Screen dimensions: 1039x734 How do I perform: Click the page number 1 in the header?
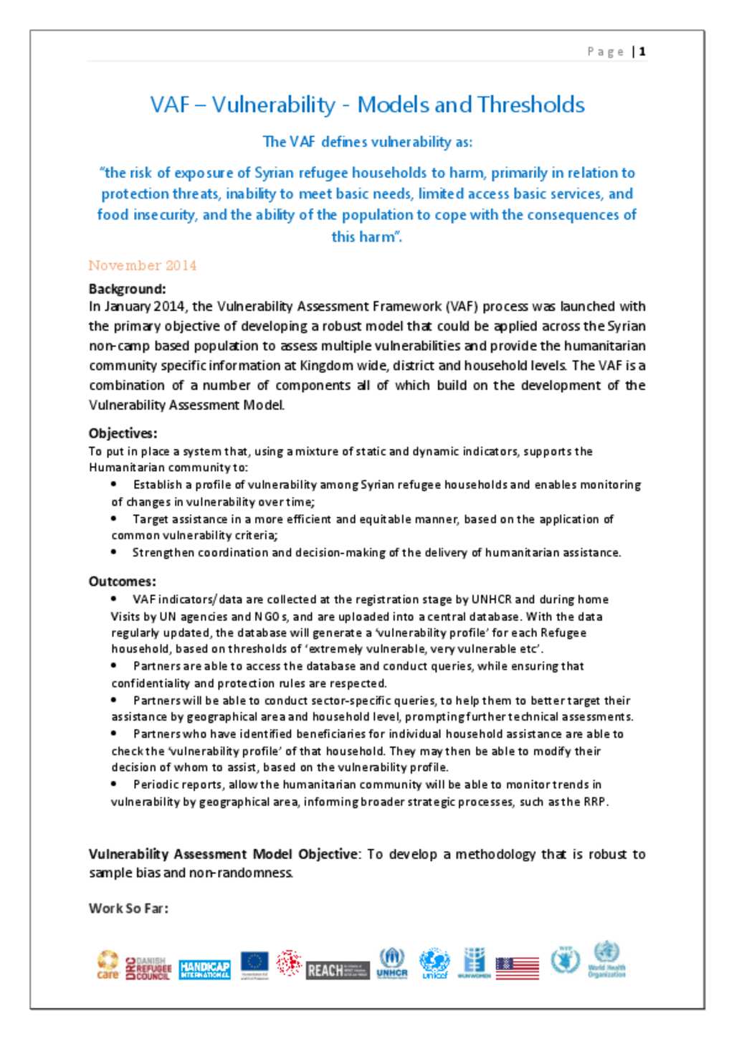pos(643,52)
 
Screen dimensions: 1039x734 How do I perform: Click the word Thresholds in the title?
pos(531,105)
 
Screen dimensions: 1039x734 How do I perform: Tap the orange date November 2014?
pos(142,265)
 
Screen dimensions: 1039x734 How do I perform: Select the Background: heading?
pos(127,289)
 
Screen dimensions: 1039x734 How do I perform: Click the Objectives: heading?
pos(123,433)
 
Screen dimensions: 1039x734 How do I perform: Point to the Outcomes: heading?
pos(122,582)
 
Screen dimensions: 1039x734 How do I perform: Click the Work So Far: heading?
pos(128,908)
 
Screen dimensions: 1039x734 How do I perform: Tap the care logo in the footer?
pos(108,964)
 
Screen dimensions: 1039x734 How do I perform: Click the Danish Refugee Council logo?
pos(148,968)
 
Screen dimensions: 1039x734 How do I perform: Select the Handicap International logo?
pos(204,969)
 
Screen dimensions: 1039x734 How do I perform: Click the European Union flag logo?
pos(254,964)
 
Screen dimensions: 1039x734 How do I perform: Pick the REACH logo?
pos(338,970)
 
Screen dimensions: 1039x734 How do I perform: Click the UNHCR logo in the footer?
pos(391,963)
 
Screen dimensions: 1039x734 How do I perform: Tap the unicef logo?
pos(434,963)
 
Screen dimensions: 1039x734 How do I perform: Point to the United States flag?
pos(517,968)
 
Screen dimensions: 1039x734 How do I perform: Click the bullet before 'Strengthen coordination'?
pos(115,552)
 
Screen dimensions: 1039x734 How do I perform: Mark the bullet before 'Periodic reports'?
pos(115,784)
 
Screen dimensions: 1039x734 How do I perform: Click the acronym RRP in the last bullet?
pos(594,802)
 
